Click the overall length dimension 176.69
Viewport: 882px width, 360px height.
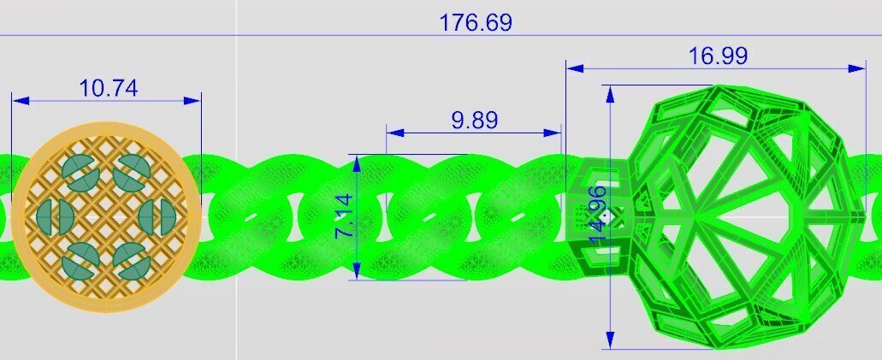[476, 22]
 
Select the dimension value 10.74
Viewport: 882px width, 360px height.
[108, 88]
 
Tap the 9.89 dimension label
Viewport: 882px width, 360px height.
[474, 121]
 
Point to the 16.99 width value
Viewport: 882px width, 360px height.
[718, 56]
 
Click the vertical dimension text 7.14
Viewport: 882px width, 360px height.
[344, 215]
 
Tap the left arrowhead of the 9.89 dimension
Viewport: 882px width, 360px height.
[394, 133]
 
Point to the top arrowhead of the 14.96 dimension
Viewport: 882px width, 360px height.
[610, 93]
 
